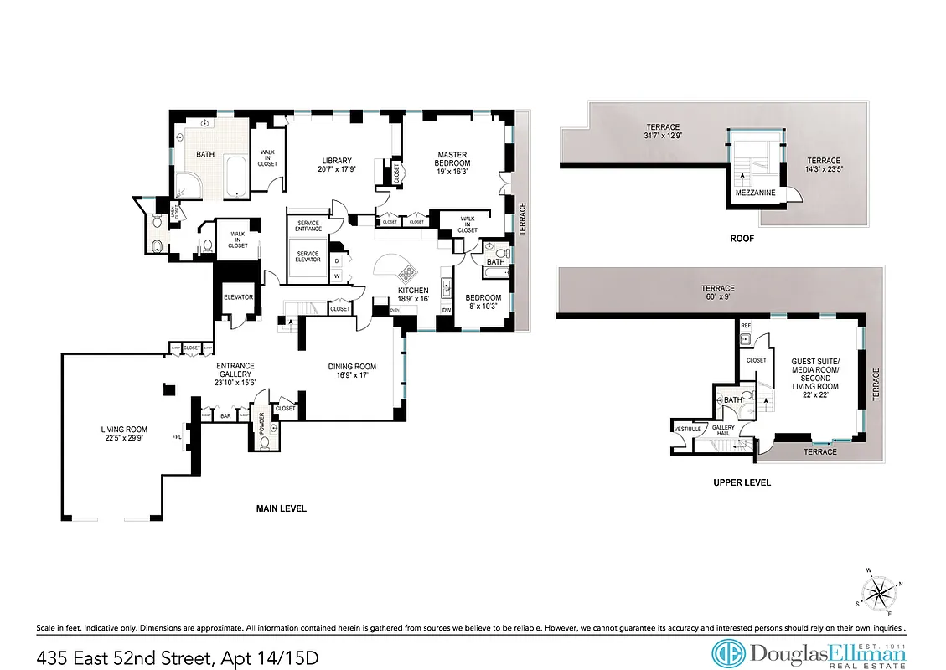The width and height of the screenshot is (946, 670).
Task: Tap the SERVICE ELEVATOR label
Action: click(x=308, y=256)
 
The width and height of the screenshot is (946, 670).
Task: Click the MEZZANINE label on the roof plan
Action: click(x=755, y=193)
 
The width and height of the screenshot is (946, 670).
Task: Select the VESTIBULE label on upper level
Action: click(x=687, y=429)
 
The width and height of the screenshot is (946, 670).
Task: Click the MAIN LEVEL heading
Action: click(x=281, y=508)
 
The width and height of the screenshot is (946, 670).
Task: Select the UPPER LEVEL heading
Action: click(x=742, y=482)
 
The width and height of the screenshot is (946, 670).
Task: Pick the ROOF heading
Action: click(x=742, y=239)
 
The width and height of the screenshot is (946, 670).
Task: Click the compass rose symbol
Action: click(x=879, y=595)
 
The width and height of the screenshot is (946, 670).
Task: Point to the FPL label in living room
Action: click(x=178, y=436)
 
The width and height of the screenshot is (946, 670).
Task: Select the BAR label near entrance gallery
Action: click(x=225, y=415)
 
